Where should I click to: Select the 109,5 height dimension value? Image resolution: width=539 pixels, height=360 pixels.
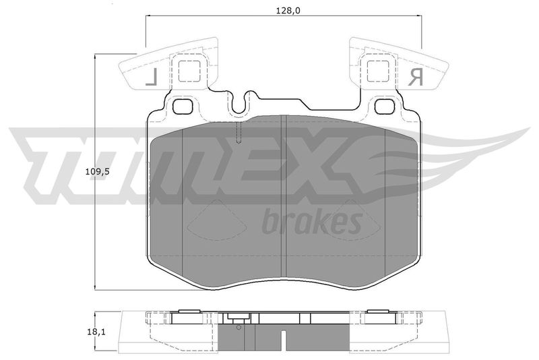point(97,172)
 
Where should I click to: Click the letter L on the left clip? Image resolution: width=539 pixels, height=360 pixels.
point(152,77)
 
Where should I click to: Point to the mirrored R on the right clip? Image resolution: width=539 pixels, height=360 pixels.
point(415,77)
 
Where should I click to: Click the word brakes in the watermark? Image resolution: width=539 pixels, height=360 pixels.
point(312,221)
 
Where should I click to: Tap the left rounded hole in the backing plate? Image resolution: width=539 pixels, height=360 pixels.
point(182,107)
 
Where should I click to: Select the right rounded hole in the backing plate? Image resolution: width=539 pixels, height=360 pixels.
point(385,107)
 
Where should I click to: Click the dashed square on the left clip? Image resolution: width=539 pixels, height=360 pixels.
point(189,71)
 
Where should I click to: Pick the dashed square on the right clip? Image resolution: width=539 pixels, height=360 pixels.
point(378,71)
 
